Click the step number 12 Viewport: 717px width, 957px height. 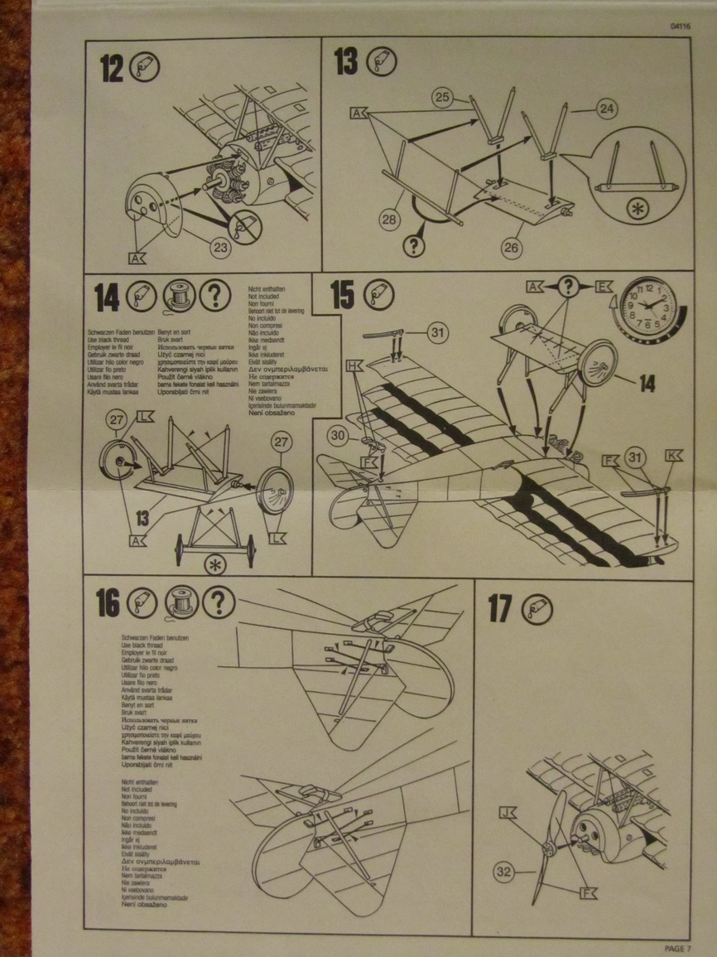[111, 68]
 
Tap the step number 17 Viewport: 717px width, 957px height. [500, 609]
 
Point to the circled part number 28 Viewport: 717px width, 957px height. [390, 219]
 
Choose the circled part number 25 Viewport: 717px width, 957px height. [444, 98]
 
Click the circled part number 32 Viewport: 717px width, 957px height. [503, 871]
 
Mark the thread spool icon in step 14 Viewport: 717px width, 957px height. [180, 294]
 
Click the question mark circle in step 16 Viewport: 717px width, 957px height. [219, 602]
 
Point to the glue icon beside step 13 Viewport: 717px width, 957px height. [382, 61]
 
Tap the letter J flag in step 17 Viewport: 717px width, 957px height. [507, 813]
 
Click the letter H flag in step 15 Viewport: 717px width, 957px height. [355, 365]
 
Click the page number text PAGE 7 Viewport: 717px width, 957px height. [676, 948]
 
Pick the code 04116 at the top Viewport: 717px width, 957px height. [681, 26]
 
